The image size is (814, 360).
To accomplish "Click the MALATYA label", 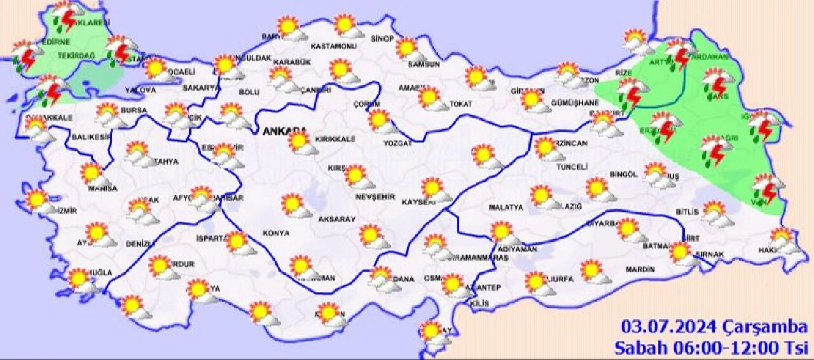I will [506, 207].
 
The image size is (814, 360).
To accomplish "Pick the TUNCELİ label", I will [570, 167].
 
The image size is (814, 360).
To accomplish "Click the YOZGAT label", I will [398, 144].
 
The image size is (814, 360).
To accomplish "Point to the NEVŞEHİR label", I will [375, 197].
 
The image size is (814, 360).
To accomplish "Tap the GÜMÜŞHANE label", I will [572, 102].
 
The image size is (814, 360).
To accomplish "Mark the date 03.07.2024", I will [670, 328].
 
